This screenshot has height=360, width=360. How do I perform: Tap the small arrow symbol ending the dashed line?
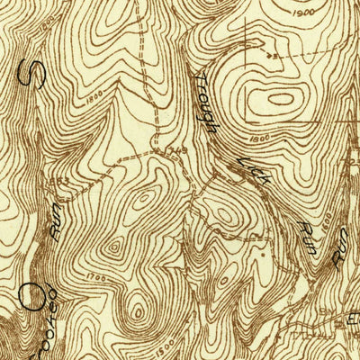click(275, 55)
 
